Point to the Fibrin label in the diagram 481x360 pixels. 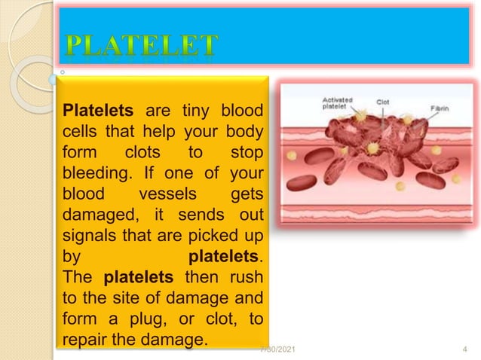click(x=440, y=108)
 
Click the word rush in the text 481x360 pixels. click(x=250, y=278)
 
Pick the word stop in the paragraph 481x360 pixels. click(x=245, y=154)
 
